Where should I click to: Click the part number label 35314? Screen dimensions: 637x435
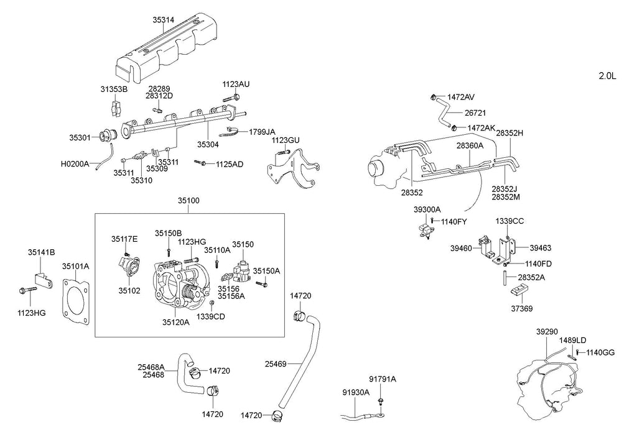point(164,19)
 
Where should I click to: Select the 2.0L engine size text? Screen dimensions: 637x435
point(607,76)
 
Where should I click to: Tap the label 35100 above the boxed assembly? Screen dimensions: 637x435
point(188,201)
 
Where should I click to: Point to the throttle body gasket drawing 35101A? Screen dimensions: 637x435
point(76,301)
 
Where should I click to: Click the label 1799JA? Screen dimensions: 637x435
point(262,132)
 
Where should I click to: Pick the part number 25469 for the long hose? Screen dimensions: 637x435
point(276,364)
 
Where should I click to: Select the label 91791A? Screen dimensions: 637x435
point(383,379)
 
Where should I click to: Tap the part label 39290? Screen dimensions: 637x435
point(547,331)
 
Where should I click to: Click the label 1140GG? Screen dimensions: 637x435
point(600,352)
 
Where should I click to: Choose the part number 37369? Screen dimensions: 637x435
point(522,308)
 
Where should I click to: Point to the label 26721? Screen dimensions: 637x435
point(475,113)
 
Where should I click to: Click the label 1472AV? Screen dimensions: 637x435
point(461,97)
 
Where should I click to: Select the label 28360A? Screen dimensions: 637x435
point(470,145)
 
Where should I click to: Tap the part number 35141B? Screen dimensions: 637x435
point(42,252)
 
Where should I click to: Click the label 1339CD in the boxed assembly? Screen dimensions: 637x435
point(211,316)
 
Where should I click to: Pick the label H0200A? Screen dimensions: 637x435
point(75,164)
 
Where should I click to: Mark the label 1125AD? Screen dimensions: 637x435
point(230,164)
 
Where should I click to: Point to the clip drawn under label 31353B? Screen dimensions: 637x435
point(116,107)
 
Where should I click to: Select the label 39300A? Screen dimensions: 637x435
point(427,209)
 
